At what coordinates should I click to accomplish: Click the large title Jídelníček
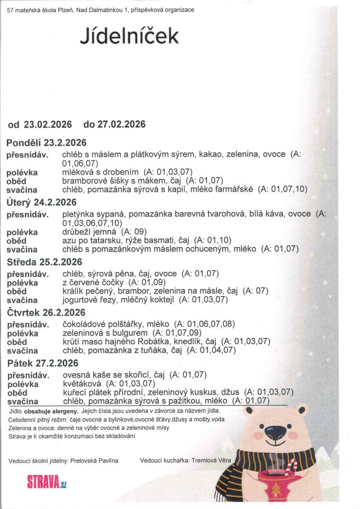click(129, 35)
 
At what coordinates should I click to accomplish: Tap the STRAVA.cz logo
click(47, 483)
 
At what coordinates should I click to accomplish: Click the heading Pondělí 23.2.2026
click(47, 142)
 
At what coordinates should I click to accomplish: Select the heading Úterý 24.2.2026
click(42, 202)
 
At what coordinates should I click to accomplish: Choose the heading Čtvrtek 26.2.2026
click(46, 312)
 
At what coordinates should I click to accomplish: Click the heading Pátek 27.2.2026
click(42, 363)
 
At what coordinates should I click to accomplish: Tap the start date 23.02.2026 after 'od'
click(47, 124)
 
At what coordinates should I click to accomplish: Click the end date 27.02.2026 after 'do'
click(123, 124)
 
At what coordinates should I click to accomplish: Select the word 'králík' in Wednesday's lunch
click(73, 291)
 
